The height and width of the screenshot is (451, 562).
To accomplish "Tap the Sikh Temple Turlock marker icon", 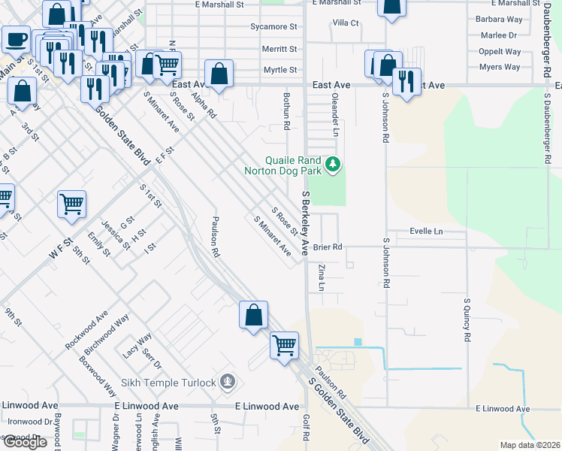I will [x=228, y=383].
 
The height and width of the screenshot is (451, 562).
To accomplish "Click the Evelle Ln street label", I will [x=426, y=232].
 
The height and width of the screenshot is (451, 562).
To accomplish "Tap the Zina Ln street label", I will [x=322, y=277].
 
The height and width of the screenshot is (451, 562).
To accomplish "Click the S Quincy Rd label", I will [x=467, y=320].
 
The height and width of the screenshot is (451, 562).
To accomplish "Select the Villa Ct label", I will [x=346, y=23].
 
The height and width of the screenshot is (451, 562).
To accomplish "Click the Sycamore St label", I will [x=273, y=27].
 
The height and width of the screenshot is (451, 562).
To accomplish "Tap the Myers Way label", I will [x=500, y=68].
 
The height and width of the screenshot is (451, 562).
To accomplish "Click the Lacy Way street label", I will [x=137, y=345].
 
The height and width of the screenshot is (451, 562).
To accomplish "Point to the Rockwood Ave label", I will [x=86, y=330].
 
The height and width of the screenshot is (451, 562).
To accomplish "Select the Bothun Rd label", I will [x=286, y=111].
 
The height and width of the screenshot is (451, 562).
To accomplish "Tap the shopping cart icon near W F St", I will [x=71, y=204].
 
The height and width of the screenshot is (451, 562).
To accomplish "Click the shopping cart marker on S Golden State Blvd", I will [x=284, y=346].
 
